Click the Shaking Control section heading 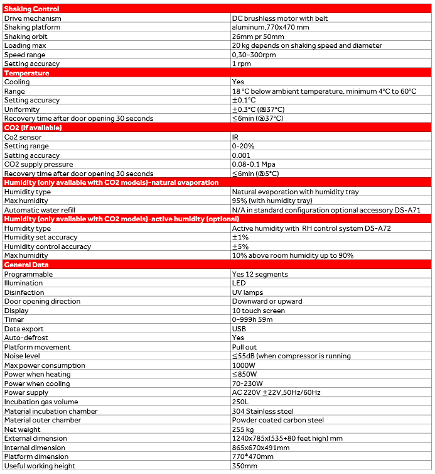point(32,9)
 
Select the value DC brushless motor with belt point(280,18)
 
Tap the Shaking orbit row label point(26,36)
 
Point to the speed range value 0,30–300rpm point(254,55)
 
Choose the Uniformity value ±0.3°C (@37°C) point(258,109)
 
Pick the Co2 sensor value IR point(235,137)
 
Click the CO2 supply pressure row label point(39,164)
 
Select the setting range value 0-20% point(244,146)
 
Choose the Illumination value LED point(239,283)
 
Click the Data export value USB point(239,329)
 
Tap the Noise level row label point(22,356)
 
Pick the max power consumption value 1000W point(244,365)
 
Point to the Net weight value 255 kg point(244,429)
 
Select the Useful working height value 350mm point(244,466)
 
